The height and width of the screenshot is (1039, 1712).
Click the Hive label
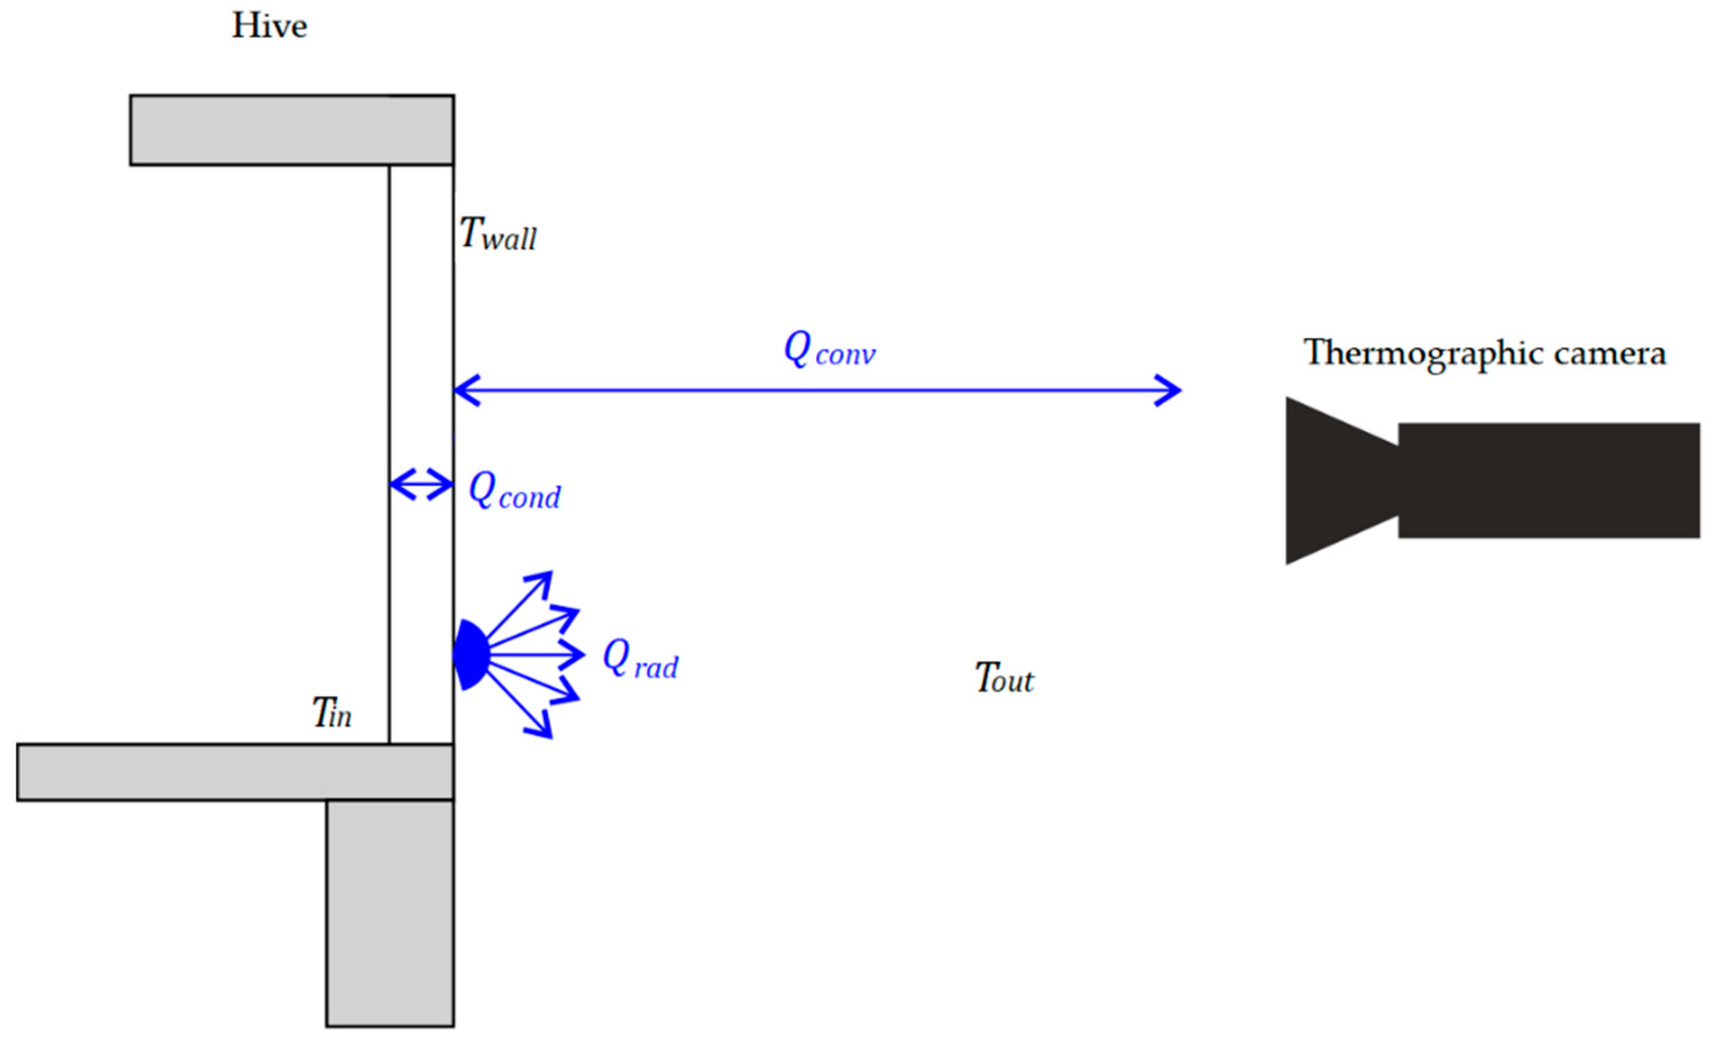tap(270, 26)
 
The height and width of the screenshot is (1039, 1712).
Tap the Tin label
tap(332, 713)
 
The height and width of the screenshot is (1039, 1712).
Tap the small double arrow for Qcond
tap(421, 484)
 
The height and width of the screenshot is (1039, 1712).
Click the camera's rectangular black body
tap(1548, 481)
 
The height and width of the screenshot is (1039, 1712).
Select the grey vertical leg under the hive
tap(390, 913)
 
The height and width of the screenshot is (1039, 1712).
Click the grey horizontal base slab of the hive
tap(235, 772)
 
